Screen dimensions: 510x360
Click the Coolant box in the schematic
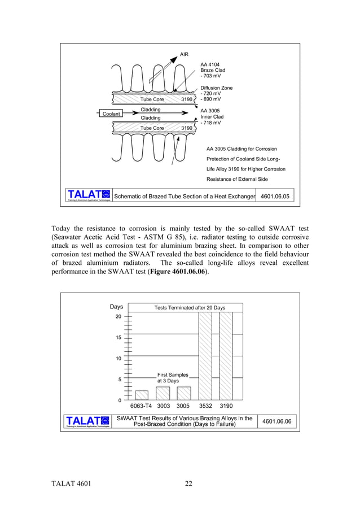pyautogui.click(x=111, y=114)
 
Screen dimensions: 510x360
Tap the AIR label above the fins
pyautogui.click(x=184, y=55)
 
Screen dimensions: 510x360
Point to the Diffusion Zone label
pyautogui.click(x=216, y=88)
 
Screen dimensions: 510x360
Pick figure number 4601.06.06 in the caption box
pyautogui.click(x=276, y=421)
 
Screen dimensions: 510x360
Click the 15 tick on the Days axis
pyautogui.click(x=118, y=338)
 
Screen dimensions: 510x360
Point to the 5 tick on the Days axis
pyautogui.click(x=119, y=380)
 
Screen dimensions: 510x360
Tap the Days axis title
pyautogui.click(x=116, y=307)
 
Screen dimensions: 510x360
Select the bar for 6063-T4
pyautogui.click(x=142, y=395)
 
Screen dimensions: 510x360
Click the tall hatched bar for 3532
pyautogui.click(x=205, y=356)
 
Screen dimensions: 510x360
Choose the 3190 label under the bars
pyautogui.click(x=226, y=406)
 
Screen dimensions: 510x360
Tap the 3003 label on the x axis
pyautogui.click(x=163, y=406)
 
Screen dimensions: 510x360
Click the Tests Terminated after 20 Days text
pyautogui.click(x=190, y=308)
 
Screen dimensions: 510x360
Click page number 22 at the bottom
pyautogui.click(x=188, y=483)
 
